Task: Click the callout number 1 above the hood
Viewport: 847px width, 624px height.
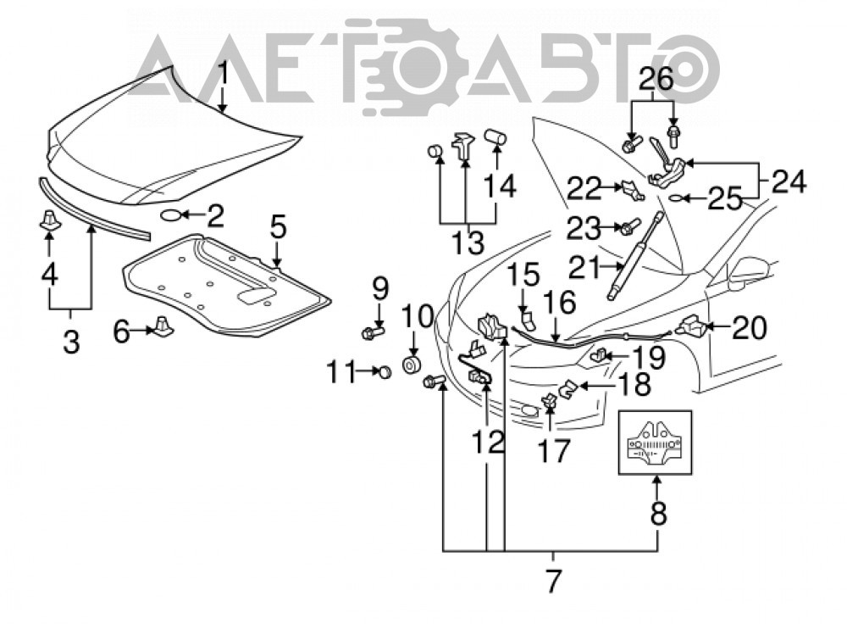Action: pos(223,74)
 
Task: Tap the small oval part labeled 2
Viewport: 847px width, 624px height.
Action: pos(171,215)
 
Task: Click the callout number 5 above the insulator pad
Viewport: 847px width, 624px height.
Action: pos(278,228)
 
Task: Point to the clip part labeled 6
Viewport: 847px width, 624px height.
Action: pos(162,326)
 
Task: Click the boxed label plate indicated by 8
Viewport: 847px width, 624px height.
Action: pos(656,443)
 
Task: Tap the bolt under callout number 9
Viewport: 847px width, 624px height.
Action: pos(372,331)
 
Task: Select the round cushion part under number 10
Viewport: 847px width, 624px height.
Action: pos(412,365)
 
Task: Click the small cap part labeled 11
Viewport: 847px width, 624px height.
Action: pos(384,371)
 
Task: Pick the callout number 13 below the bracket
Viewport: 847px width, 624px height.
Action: pos(468,243)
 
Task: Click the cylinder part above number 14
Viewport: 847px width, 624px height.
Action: pos(495,136)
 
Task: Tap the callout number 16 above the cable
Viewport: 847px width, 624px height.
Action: pos(559,303)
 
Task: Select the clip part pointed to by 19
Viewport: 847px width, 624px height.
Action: pos(598,355)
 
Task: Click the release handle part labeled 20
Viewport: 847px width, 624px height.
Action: pos(689,326)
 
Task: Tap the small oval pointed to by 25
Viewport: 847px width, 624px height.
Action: pos(676,198)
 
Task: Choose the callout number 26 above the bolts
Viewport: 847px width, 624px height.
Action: pos(657,80)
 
